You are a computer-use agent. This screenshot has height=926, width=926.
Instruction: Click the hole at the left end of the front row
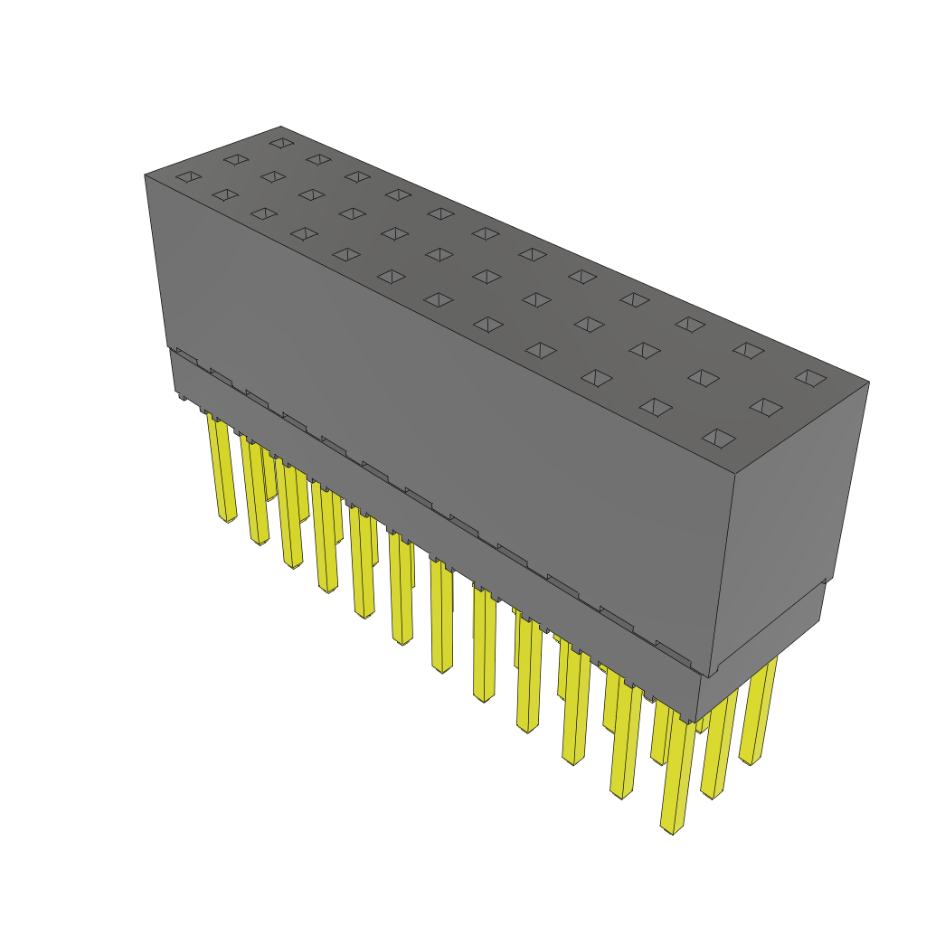[188, 176]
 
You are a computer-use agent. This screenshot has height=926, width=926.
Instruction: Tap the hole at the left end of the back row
[282, 143]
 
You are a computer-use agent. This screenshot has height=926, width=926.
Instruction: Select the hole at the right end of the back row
[810, 377]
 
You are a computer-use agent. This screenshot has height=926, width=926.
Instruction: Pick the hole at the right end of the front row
[719, 439]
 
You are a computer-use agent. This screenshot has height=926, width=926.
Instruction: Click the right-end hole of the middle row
[765, 408]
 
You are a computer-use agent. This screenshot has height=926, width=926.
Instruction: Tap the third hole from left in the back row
[357, 176]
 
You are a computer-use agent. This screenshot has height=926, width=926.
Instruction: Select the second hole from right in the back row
[748, 350]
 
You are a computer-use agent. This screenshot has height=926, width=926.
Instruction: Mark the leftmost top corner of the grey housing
[145, 175]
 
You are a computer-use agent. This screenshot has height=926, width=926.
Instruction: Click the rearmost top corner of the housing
[280, 127]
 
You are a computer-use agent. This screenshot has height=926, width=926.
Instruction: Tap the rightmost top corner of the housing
[869, 382]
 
